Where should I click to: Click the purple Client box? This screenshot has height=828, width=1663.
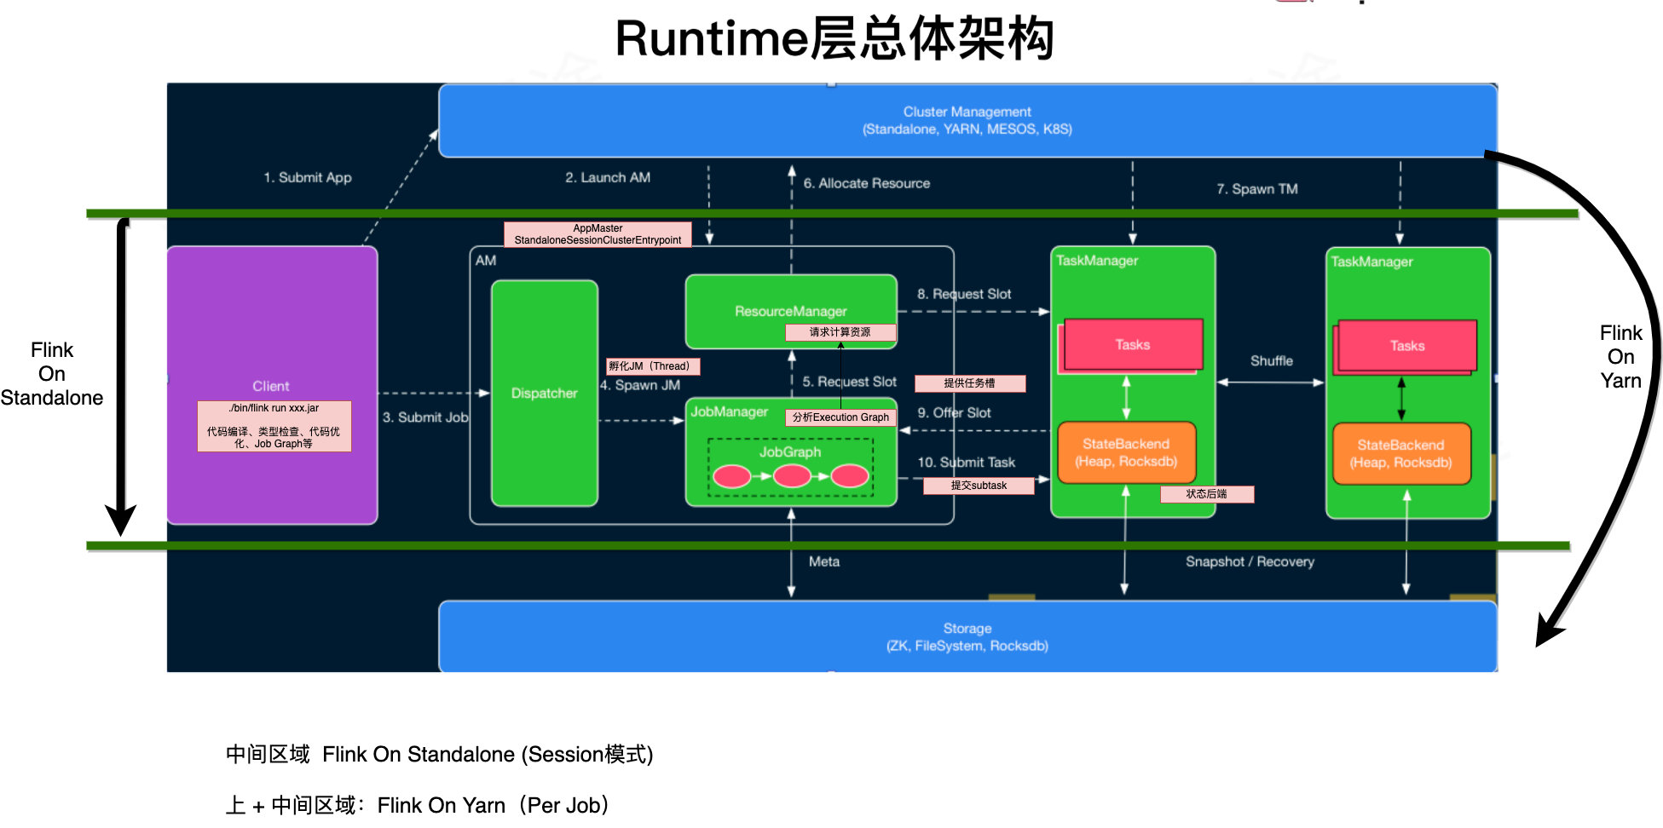coord(271,324)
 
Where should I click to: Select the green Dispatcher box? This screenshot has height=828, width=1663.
coord(544,393)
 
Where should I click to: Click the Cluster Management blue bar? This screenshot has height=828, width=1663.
coord(967,120)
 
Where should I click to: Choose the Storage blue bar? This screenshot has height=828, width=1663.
coord(967,636)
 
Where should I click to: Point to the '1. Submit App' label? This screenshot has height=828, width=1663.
coord(307,177)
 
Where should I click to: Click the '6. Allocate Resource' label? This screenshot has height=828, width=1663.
coord(866,183)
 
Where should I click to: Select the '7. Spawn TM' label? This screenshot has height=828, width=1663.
coord(1256,189)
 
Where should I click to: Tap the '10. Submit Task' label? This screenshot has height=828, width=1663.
coord(966,463)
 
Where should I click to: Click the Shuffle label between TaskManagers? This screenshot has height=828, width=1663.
coord(1271,361)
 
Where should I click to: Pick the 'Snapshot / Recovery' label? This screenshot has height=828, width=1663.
coord(1250,561)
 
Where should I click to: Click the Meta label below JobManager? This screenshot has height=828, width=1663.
coord(823,561)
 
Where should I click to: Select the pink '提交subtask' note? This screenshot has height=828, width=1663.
coord(979,486)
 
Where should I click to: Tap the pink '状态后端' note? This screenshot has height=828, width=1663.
coord(1206,494)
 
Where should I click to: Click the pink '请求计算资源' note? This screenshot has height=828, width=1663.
coord(840,332)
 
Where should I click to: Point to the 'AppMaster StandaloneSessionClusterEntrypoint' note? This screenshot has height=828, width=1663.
coord(598,234)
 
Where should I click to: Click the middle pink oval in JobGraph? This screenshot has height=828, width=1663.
coord(791,476)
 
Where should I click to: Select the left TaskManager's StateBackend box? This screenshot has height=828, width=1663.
coord(1125,452)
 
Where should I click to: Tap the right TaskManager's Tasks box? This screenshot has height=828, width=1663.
coord(1406,346)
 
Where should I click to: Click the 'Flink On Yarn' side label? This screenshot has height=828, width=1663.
coord(1620,357)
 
